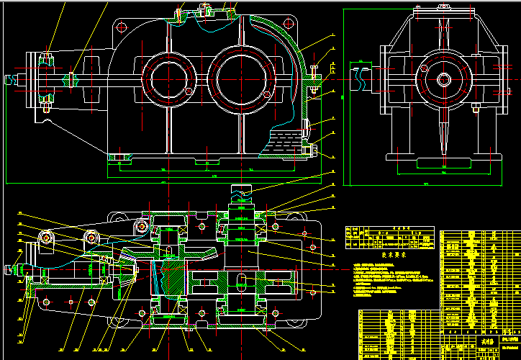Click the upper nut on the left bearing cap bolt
click(x=46, y=57)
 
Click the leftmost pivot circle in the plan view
click(x=47, y=237)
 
